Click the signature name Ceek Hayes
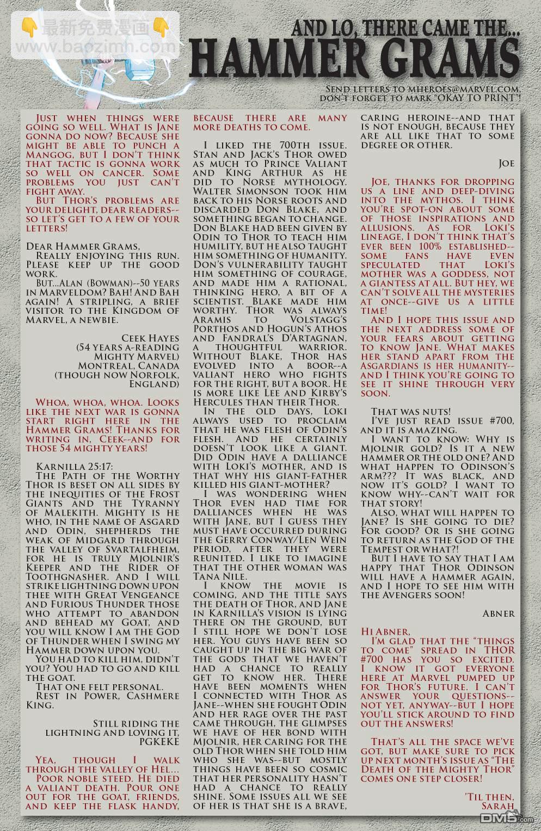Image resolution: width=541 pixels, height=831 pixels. [x=150, y=338]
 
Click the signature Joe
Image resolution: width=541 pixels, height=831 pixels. [x=506, y=164]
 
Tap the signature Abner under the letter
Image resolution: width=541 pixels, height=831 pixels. [x=499, y=613]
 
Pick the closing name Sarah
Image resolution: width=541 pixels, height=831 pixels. [x=498, y=806]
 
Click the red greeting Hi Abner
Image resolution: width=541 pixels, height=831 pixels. [x=385, y=632]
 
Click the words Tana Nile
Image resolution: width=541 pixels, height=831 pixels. [x=220, y=576]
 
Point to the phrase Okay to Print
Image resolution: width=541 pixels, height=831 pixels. [x=471, y=98]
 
